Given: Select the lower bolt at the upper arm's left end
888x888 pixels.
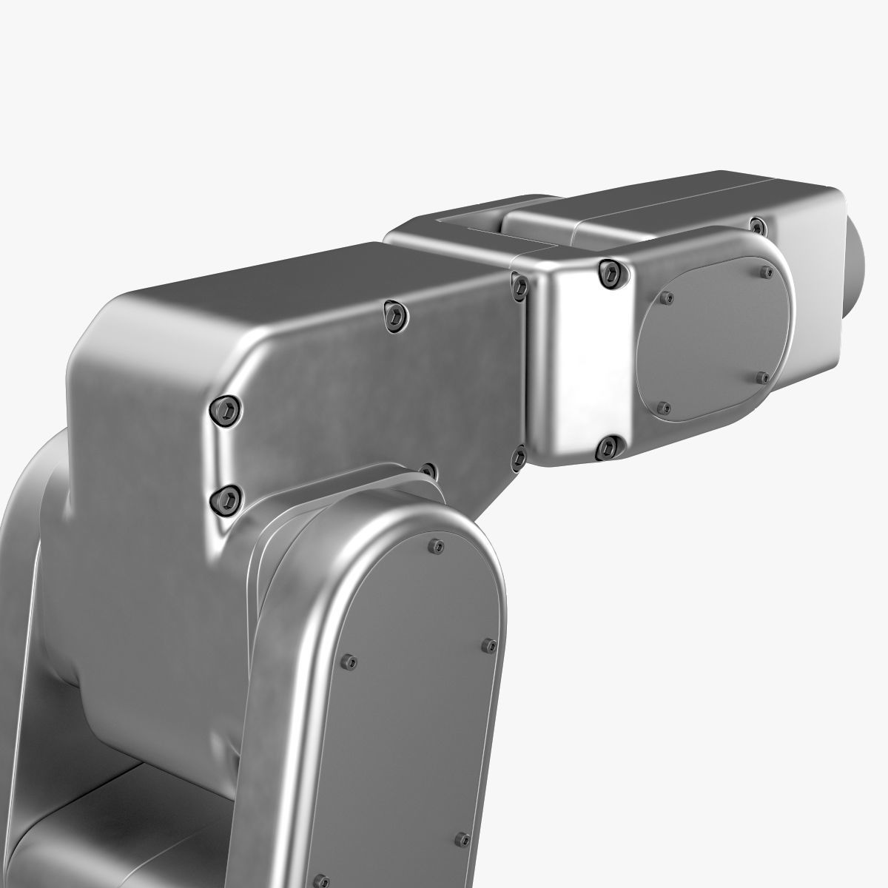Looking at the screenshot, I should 226,499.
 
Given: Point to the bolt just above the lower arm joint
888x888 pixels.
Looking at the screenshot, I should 428,471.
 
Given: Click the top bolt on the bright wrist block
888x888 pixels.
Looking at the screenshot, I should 610,273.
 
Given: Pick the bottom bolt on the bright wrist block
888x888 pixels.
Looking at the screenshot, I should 610,445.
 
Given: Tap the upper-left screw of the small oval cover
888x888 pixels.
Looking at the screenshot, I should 669,298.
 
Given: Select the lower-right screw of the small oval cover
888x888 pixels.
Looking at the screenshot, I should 764,377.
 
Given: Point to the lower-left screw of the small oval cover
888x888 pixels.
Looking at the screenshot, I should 664,407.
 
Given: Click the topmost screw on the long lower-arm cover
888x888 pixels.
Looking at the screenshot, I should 438,547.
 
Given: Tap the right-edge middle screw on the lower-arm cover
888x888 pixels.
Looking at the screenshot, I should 488,646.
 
